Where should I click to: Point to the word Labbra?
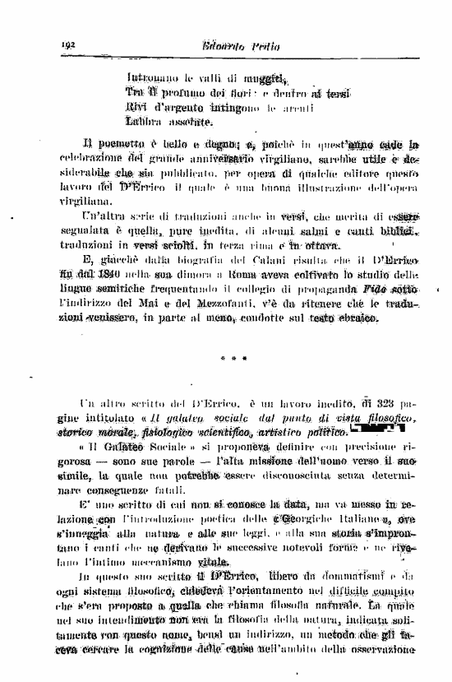click(x=145, y=123)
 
